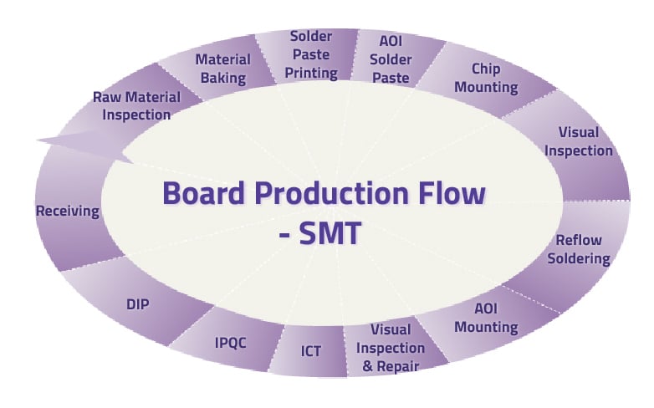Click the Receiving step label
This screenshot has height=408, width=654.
point(68,211)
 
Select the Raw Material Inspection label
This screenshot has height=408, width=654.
point(137,106)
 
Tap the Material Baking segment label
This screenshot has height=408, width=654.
point(223,69)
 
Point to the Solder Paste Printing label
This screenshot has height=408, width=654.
point(311,54)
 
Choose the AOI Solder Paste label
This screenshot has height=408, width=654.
point(391,59)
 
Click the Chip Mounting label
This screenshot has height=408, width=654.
point(487,78)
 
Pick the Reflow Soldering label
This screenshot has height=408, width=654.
point(579,249)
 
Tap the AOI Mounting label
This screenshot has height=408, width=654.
point(487,318)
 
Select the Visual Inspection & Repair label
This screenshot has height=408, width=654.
point(391,348)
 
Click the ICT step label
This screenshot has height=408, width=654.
point(311,351)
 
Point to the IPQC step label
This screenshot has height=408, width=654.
point(230,343)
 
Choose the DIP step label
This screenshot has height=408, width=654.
point(138,304)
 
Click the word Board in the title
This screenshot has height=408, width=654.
point(203,193)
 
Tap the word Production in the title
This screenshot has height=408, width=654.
point(331,193)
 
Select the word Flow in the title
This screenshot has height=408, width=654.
point(452,193)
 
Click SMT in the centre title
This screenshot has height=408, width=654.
point(330,232)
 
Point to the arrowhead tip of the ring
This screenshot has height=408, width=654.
point(38,140)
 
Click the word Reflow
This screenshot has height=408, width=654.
point(579,240)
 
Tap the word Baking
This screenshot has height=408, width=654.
point(223,79)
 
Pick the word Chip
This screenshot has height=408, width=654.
point(486,69)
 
